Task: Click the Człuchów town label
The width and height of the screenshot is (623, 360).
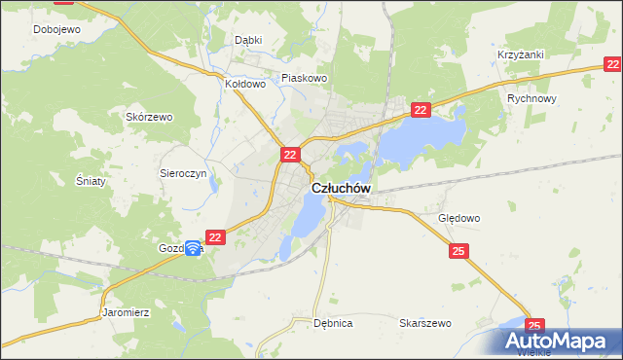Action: click(341, 188)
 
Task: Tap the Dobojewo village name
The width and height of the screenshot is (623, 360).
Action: click(56, 29)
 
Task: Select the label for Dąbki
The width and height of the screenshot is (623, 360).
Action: click(249, 40)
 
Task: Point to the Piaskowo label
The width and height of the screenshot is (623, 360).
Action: click(305, 78)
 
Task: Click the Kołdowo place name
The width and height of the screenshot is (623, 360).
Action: click(245, 84)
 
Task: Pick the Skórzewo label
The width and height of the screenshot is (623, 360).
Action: click(149, 117)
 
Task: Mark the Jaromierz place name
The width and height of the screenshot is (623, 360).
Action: click(125, 313)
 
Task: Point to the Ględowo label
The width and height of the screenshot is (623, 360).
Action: click(459, 218)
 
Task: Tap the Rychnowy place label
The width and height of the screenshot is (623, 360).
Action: click(531, 98)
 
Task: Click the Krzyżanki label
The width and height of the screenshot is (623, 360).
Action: click(521, 55)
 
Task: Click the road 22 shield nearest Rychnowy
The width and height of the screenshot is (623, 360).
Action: click(420, 111)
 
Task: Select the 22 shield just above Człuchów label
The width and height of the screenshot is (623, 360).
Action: click(290, 154)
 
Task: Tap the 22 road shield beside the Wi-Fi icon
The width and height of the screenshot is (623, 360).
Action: click(216, 236)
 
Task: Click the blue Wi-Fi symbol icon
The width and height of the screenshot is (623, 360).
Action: click(193, 249)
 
